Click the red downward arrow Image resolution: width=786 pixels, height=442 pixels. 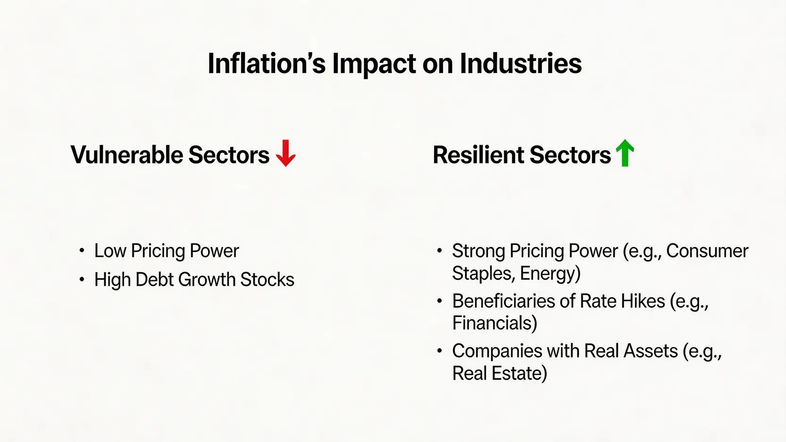click(x=285, y=153)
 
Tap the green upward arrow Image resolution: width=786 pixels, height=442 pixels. click(x=625, y=153)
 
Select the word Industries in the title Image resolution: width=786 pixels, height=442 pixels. click(x=521, y=64)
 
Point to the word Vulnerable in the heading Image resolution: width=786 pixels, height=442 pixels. click(x=126, y=154)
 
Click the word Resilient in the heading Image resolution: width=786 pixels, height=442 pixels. click(x=478, y=154)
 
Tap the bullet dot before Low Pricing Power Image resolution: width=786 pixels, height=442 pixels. click(x=82, y=251)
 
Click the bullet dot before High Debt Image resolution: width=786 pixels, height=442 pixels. click(x=82, y=280)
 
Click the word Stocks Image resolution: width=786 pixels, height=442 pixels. click(x=267, y=280)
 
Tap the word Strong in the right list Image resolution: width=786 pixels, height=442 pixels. click(x=478, y=251)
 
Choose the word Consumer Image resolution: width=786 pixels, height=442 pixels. click(x=707, y=251)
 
